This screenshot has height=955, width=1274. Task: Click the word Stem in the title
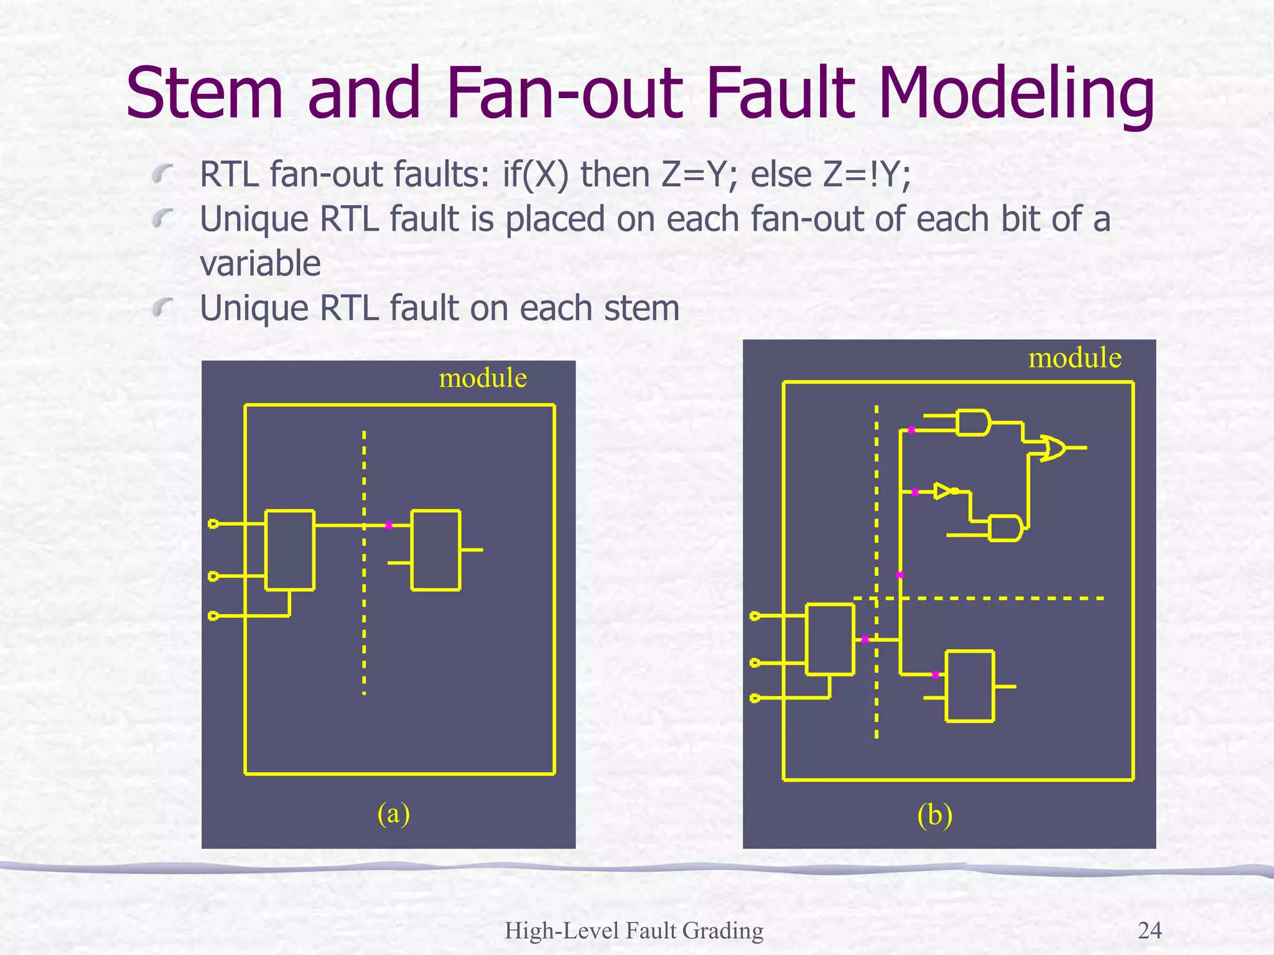pyautogui.click(x=205, y=93)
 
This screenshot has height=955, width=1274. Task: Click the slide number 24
pyautogui.click(x=1149, y=930)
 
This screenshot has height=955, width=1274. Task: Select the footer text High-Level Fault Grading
pyautogui.click(x=633, y=931)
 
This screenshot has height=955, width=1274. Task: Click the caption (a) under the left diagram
pyautogui.click(x=393, y=813)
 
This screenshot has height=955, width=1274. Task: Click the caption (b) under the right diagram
pyautogui.click(x=934, y=815)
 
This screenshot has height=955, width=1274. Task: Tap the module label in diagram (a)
pyautogui.click(x=483, y=377)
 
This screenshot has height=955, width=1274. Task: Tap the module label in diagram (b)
pyautogui.click(x=1074, y=358)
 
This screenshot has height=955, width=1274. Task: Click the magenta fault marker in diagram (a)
pyautogui.click(x=388, y=525)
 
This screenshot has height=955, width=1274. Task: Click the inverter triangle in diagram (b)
pyautogui.click(x=943, y=491)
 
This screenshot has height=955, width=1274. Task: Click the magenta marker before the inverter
pyautogui.click(x=915, y=492)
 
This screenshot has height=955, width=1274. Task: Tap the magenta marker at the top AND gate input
pyautogui.click(x=911, y=430)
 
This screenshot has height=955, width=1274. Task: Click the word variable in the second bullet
pyautogui.click(x=260, y=263)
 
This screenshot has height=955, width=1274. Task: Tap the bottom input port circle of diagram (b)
pyautogui.click(x=755, y=698)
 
